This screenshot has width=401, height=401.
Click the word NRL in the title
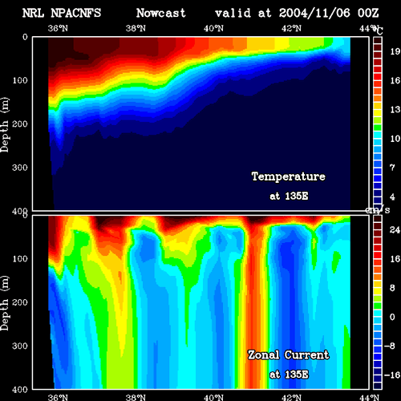click(x=33, y=13)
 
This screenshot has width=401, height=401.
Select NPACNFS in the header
click(x=76, y=13)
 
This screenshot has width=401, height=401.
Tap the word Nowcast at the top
click(x=161, y=13)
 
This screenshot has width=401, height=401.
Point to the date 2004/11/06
click(x=314, y=13)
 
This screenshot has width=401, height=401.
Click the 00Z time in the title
click(x=368, y=13)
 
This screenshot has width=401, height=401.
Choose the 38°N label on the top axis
click(x=136, y=28)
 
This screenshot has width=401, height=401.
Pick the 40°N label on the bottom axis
click(x=213, y=397)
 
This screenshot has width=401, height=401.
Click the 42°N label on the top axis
click(x=291, y=28)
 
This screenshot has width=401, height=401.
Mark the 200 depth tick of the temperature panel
click(x=20, y=124)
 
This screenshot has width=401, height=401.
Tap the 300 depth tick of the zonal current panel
click(x=20, y=346)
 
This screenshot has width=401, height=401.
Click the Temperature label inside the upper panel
click(x=289, y=176)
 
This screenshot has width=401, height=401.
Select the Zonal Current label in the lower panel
click(x=289, y=355)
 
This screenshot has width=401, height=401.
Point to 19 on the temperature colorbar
click(x=395, y=51)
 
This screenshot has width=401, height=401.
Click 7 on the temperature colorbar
click(x=392, y=168)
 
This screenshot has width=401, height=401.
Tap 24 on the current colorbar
click(x=395, y=230)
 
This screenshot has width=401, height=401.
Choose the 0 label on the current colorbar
click(x=392, y=317)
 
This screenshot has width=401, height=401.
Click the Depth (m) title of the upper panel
click(x=5, y=125)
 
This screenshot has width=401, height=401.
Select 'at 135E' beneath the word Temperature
click(x=289, y=196)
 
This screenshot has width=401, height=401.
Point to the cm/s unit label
click(x=378, y=210)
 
